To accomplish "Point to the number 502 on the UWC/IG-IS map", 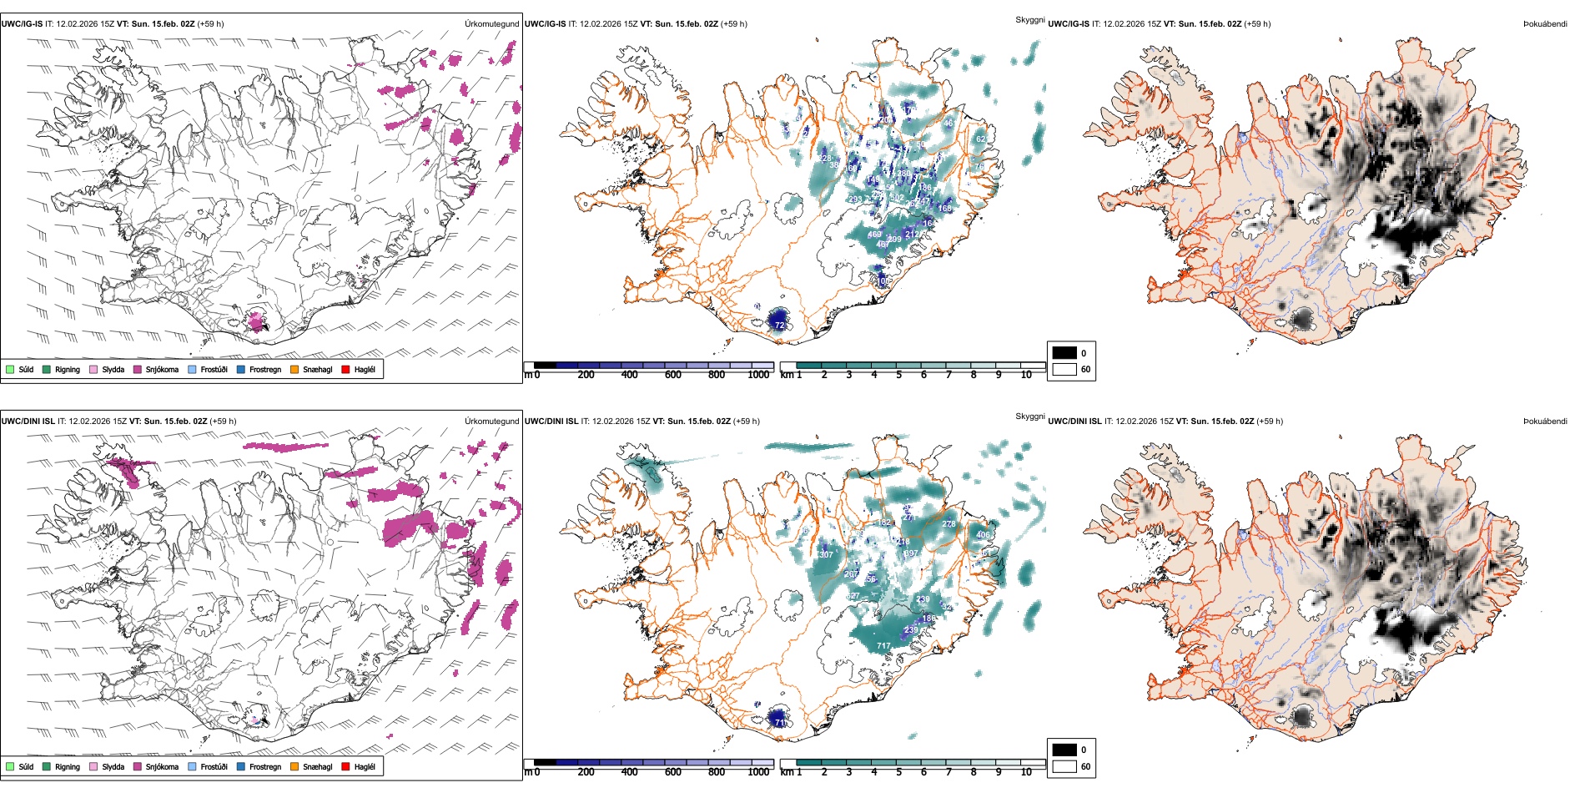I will pyautogui.click(x=897, y=198).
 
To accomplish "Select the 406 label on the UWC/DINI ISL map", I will pyautogui.click(x=984, y=535).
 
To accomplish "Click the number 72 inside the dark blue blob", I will pyautogui.click(x=779, y=326).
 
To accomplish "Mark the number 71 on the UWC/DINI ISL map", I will pyautogui.click(x=779, y=722).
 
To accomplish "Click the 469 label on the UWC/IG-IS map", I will pyautogui.click(x=874, y=235).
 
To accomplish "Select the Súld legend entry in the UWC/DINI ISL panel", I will pyautogui.click(x=20, y=766).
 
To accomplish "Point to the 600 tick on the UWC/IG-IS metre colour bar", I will pyautogui.click(x=673, y=375).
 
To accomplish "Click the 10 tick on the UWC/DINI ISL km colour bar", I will pyautogui.click(x=1026, y=772).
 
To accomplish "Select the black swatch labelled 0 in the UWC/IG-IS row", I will pyautogui.click(x=1064, y=353).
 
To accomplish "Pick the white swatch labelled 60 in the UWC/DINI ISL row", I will pyautogui.click(x=1064, y=766).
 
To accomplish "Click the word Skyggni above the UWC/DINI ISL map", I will pyautogui.click(x=1029, y=417).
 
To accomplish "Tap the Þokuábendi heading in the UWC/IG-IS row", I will pyautogui.click(x=1545, y=24).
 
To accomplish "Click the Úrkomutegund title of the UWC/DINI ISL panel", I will pyautogui.click(x=491, y=422).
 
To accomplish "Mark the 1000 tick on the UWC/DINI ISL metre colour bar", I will pyautogui.click(x=758, y=772).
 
